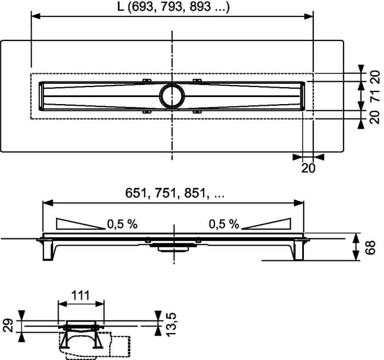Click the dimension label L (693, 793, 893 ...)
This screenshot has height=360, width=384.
pos(173,7)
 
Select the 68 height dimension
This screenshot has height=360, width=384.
pos(370,248)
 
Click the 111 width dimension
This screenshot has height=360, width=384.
pos(81,295)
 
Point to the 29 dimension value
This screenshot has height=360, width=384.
pos(9,325)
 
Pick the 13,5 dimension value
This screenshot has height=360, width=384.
pos(171,324)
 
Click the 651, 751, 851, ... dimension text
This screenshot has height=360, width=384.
pos(174,193)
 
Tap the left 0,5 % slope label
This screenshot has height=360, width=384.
pos(122,224)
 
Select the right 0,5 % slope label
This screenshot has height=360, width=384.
pos(224,224)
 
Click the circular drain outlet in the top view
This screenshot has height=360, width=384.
pos(172,96)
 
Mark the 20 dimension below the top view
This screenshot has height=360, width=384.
pos(308,168)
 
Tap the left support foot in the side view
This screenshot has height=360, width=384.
pos(48,250)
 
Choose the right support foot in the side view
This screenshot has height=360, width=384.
pos(298,250)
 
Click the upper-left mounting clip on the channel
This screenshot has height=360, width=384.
pos(147,81)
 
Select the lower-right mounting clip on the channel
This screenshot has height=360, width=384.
pos(197,112)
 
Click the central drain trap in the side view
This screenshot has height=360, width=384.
pos(173,247)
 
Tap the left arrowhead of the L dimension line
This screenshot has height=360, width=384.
pos(36,16)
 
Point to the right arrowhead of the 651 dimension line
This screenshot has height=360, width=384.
pos(299,203)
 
